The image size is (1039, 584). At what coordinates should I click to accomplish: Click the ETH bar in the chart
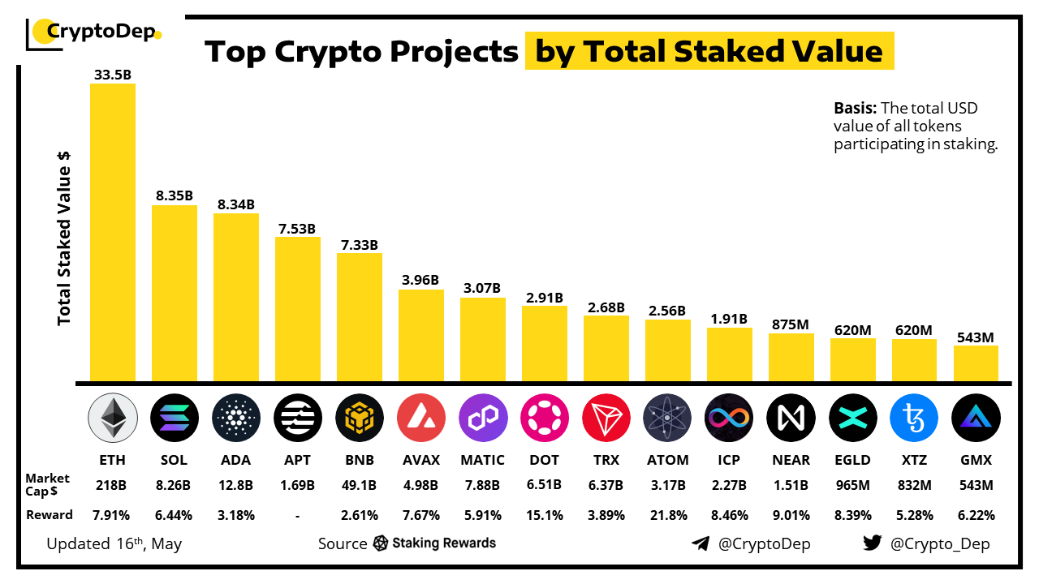pos(113,232)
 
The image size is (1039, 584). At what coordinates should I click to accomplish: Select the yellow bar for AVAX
pos(421,335)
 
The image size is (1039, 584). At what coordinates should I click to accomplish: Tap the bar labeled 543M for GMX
pos(976,363)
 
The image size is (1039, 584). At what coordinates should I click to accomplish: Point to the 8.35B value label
pos(175,195)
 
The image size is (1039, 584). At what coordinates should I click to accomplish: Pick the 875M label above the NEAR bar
pos(791,324)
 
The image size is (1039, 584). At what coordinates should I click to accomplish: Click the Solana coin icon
pos(175,419)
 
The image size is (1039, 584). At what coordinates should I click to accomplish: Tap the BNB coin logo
pos(360,419)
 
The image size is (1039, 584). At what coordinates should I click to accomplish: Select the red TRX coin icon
pos(606,419)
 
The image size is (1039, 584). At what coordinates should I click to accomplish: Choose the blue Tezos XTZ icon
pos(914,419)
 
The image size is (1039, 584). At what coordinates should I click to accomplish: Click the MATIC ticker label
pos(482,460)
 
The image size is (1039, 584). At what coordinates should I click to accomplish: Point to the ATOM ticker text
pos(667,460)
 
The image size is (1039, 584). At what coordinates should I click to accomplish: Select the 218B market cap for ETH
pos(113,485)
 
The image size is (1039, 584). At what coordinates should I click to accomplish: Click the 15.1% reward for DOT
pos(545,515)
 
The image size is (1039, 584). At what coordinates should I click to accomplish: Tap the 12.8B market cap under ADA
pos(236,485)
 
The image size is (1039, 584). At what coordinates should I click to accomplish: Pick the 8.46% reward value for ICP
pos(729,515)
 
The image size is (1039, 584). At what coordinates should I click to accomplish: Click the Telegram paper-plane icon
pos(701,543)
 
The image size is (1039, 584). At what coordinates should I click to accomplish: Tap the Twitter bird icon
pos(873,543)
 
